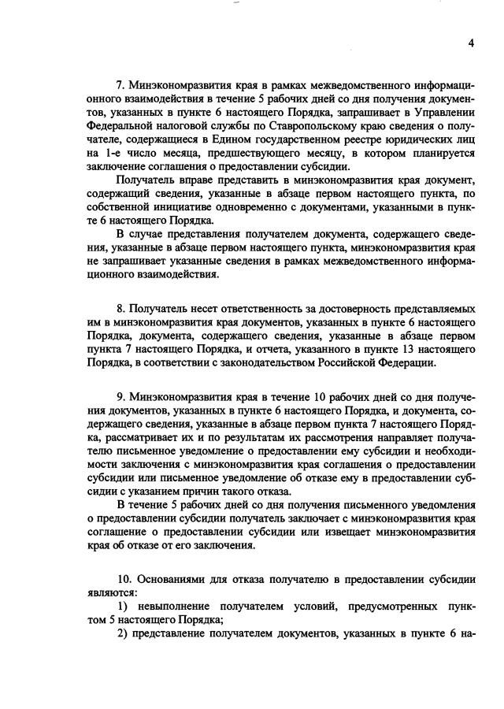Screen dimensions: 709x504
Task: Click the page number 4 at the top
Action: [471, 44]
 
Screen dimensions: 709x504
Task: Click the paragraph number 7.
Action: [120, 84]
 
